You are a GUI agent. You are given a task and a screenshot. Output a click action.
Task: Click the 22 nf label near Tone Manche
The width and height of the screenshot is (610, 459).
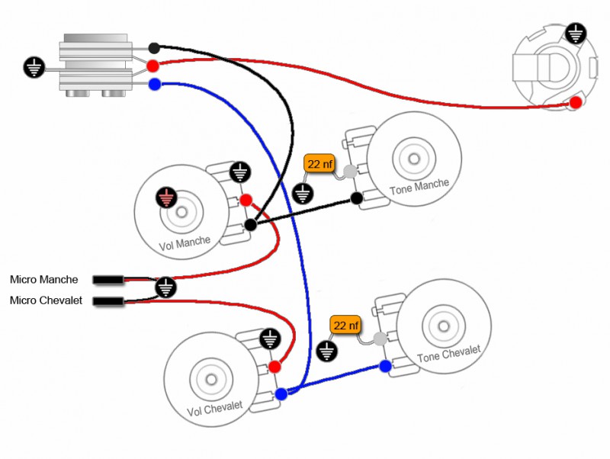pos(318,164)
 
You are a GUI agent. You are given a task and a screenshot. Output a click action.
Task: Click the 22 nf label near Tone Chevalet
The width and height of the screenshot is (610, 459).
pos(345,326)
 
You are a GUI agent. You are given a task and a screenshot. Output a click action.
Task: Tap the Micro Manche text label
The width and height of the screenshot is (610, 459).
pos(43,279)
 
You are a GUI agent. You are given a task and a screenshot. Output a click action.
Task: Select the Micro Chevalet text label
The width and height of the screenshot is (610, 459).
pos(46,300)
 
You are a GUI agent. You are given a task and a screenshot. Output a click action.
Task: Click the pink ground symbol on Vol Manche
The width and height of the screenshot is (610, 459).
pos(166,198)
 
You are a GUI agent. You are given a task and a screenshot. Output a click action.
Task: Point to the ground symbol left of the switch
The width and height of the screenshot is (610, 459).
pos(34,68)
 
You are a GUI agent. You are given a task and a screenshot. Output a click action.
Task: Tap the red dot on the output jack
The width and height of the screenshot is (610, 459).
pos(576,102)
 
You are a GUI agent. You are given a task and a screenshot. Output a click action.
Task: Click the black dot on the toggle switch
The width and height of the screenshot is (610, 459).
pos(154,48)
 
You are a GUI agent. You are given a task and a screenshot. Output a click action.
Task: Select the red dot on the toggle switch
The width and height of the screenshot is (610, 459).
pos(153,66)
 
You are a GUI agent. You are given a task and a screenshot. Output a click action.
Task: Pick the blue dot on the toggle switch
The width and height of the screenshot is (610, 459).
pos(154,84)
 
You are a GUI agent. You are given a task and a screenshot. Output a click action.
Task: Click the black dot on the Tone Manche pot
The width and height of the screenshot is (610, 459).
pos(356,199)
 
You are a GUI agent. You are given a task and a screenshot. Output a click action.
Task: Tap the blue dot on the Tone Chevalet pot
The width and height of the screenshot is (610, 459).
pos(385,366)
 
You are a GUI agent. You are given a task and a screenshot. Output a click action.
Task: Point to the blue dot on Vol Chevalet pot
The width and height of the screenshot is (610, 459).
pos(281,393)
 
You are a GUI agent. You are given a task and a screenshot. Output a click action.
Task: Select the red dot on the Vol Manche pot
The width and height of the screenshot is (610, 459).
pos(246,201)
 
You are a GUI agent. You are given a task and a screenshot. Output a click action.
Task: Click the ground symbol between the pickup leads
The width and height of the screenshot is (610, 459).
pos(166,287)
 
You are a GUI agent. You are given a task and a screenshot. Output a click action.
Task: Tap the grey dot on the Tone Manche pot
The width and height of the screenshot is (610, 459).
pos(350,172)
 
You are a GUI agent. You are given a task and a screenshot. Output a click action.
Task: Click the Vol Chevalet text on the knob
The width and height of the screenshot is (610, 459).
pos(214,409)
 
